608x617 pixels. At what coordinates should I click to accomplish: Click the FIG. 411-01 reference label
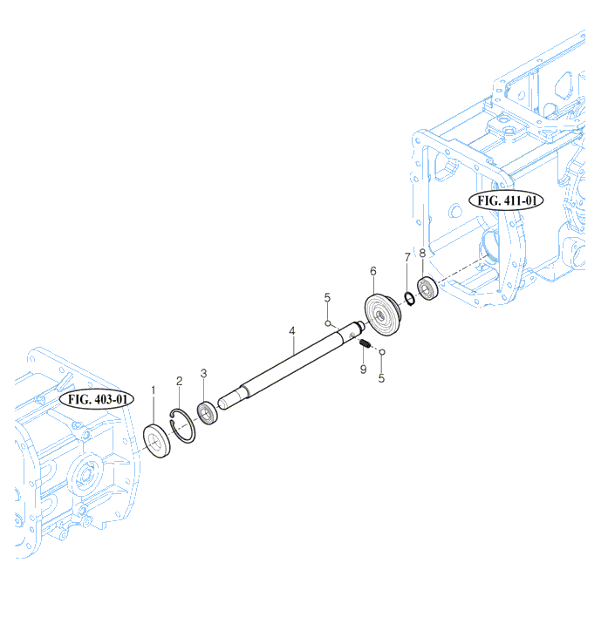[x=506, y=200]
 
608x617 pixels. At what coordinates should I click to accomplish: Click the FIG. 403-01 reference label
[x=97, y=399]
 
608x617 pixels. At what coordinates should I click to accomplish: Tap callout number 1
[x=154, y=390]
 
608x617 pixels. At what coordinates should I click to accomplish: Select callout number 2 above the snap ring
[x=179, y=381]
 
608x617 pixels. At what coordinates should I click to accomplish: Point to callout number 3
[x=203, y=373]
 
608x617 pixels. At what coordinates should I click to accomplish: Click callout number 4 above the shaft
[x=292, y=331]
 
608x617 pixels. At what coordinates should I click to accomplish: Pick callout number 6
[x=372, y=271]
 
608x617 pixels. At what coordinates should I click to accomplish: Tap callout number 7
[x=407, y=257]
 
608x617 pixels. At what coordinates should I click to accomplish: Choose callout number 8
[x=422, y=253]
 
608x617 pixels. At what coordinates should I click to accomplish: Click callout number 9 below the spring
[x=363, y=370]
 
